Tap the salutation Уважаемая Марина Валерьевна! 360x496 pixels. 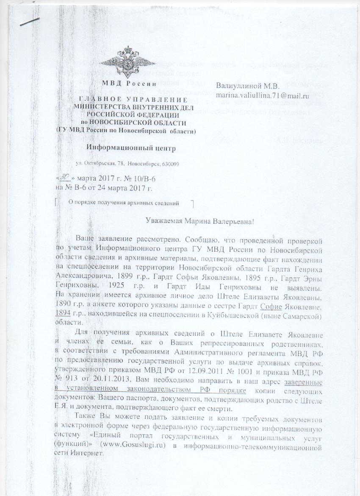tap(199, 220)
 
